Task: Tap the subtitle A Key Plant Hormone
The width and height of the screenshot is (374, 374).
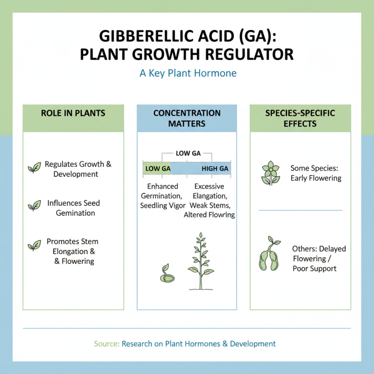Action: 188,73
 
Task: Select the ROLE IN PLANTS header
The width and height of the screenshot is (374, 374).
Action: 73,113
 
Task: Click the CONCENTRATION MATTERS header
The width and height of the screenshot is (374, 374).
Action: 187,118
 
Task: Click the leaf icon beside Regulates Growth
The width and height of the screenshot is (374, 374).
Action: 34,168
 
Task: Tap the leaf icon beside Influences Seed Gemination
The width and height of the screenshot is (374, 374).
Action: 34,205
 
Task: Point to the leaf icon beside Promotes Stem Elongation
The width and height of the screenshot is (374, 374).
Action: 34,245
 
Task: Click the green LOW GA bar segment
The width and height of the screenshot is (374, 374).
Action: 157,169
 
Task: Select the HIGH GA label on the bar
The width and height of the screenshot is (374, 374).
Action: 215,169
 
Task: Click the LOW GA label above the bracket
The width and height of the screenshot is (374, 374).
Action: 187,153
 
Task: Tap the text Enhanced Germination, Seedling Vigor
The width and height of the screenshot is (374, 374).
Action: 163,196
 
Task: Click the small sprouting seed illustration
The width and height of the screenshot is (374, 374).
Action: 166,274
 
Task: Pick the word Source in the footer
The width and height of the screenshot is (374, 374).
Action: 106,344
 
